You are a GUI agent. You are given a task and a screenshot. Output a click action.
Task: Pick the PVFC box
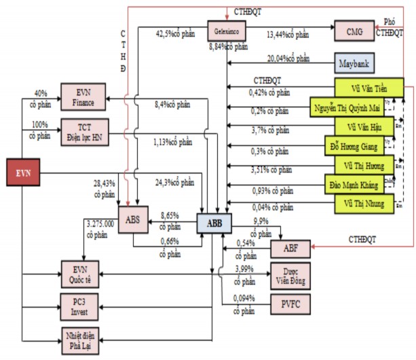(290, 304)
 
